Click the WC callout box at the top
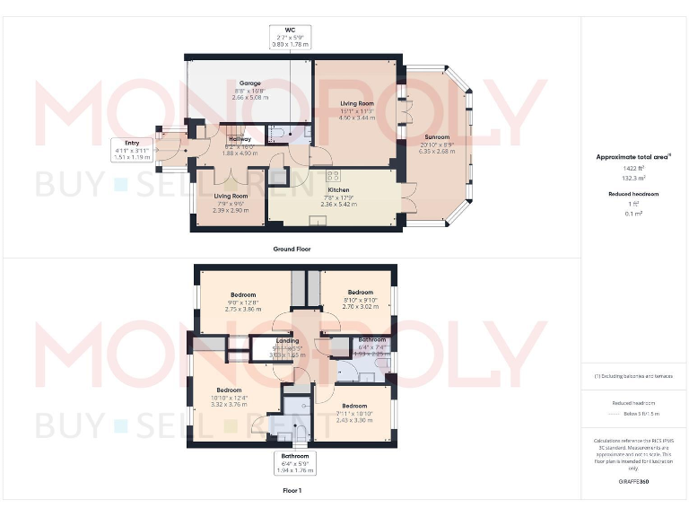pyautogui.click(x=290, y=37)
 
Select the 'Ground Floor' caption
pyautogui.click(x=292, y=249)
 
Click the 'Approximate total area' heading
pyautogui.click(x=632, y=156)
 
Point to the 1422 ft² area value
pyautogui.click(x=632, y=168)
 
